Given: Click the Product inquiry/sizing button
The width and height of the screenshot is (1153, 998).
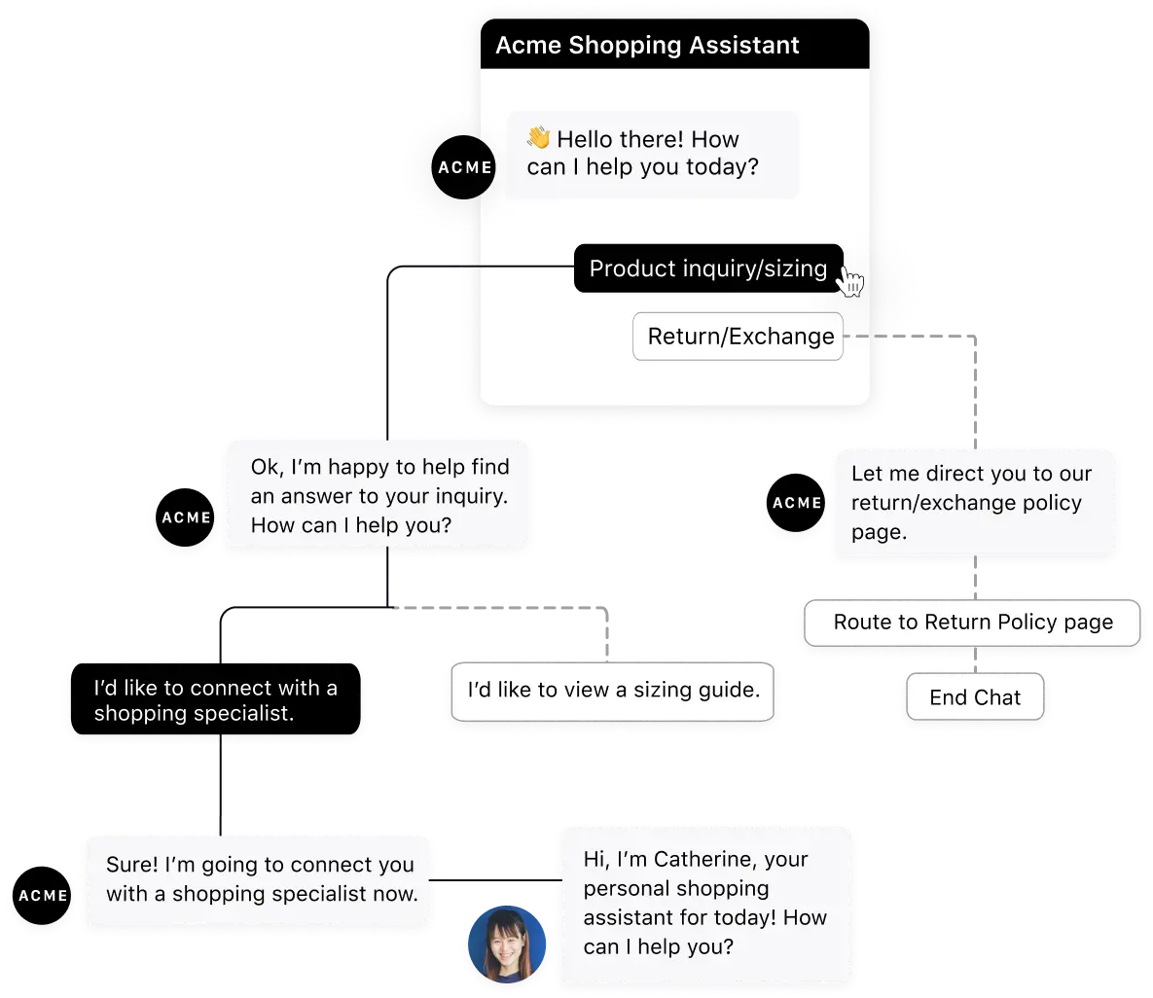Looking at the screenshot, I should pos(707,268).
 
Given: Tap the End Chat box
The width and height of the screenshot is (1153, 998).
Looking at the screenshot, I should pos(975,697).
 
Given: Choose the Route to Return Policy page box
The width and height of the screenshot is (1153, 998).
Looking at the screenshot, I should pos(972,623).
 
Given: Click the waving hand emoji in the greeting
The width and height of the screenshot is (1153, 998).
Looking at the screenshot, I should pos(538,138).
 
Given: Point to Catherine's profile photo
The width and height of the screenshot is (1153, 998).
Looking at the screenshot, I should pos(507,945).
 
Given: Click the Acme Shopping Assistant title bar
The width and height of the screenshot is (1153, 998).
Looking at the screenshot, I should pos(674,46).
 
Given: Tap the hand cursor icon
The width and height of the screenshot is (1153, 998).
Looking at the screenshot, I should pos(851,283).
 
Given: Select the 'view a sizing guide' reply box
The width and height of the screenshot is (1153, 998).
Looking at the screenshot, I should pos(613,691).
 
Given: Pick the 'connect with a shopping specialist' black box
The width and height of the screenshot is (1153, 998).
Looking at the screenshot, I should pos(215,700).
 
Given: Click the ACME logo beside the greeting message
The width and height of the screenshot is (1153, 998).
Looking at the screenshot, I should pos(464,167).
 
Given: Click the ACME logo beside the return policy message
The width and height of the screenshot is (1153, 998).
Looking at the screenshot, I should pos(796,503).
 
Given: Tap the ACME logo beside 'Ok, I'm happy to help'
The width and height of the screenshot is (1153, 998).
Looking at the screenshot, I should pos(186,517).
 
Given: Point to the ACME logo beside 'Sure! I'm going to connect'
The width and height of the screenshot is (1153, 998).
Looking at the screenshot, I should pos(43,895).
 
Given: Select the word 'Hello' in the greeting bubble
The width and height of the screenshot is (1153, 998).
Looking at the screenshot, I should pos(593,139).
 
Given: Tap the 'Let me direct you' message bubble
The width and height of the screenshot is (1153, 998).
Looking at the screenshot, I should pos(974,503).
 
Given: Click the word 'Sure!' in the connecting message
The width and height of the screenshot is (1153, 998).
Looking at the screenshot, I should pos(132,865).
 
